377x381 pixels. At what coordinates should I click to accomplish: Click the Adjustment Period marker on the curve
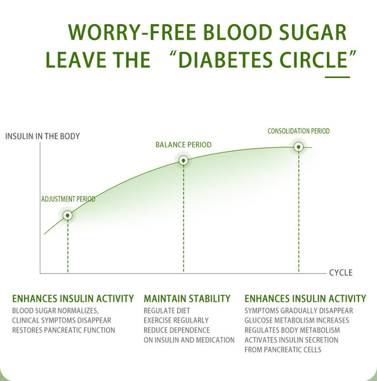67,215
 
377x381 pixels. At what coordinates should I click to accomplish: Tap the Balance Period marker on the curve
183,160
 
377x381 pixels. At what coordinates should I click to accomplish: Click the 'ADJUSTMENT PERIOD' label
68,199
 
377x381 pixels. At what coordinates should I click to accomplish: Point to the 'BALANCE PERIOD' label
183,145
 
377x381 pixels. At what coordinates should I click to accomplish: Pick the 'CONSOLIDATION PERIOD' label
298,131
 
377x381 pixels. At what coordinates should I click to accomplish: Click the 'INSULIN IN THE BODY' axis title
43,136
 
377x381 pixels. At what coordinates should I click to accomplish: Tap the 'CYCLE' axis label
340,273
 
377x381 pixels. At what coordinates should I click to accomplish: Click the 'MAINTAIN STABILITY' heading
187,298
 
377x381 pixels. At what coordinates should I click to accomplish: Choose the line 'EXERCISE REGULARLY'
176,321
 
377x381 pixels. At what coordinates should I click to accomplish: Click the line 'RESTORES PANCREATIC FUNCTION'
63,330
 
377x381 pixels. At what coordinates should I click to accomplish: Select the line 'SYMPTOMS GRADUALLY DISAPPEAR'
298,311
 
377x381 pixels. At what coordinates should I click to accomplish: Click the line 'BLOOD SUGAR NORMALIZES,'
55,311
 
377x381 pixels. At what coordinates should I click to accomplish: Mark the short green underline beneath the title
337,77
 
